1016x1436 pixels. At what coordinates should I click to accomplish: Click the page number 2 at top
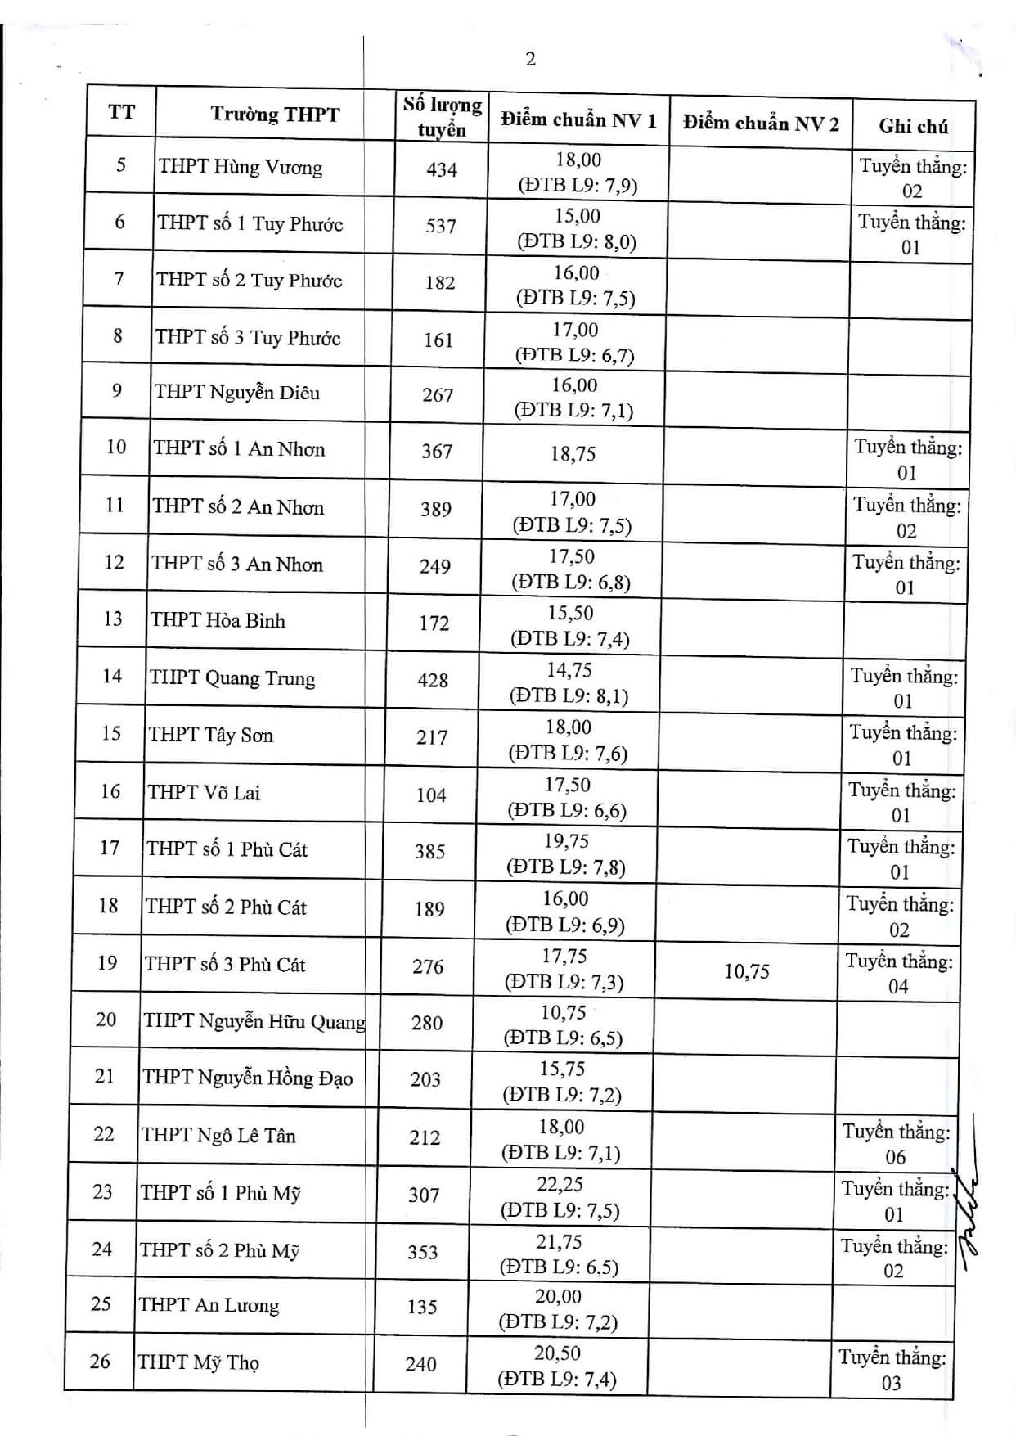530,59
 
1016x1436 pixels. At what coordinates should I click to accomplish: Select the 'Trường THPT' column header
274,115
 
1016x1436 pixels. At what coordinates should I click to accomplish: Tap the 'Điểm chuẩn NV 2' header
761,124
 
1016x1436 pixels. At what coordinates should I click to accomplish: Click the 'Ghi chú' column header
913,126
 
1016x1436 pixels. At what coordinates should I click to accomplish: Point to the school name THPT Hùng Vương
241,168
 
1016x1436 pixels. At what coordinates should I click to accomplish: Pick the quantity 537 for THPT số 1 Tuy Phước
440,226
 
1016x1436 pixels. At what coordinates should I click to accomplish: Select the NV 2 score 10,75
746,971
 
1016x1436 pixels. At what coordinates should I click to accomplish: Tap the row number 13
113,619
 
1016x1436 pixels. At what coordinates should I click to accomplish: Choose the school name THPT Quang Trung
232,678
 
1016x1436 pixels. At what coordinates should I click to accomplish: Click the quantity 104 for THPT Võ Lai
430,795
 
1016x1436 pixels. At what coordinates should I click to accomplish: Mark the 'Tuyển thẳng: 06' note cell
897,1144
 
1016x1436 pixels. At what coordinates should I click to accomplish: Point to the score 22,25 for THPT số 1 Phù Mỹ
560,1184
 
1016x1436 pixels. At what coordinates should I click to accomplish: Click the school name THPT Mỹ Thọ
198,1362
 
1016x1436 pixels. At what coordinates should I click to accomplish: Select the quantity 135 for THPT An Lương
422,1307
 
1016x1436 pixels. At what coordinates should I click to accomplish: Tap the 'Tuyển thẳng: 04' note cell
899,974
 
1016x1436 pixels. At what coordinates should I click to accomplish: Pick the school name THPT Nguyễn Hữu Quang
254,1021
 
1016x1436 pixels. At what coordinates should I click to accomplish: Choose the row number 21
105,1076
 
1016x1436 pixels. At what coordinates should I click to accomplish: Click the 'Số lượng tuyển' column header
442,117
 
